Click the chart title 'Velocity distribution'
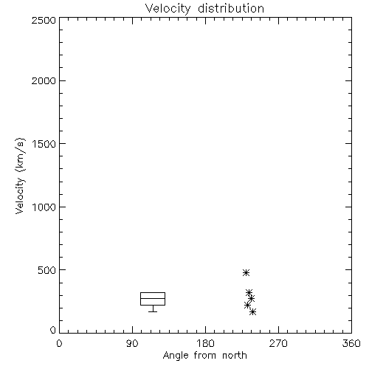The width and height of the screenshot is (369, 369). click(x=204, y=9)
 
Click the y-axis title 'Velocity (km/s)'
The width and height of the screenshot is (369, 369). click(x=20, y=176)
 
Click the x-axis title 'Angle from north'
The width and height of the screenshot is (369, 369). click(x=204, y=356)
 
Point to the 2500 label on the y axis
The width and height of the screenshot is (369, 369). click(x=44, y=20)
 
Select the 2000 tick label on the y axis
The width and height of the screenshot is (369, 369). click(x=44, y=80)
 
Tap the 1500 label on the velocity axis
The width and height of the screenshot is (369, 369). click(x=44, y=144)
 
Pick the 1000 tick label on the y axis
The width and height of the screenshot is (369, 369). click(x=44, y=207)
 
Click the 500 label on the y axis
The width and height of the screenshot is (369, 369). click(x=47, y=270)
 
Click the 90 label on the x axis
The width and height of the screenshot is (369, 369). click(x=132, y=343)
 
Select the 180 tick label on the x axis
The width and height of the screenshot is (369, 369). click(x=205, y=343)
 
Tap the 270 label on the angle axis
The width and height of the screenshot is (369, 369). click(x=278, y=343)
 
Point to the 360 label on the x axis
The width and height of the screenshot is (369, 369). click(x=351, y=343)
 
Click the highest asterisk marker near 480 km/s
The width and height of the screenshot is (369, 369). click(x=246, y=272)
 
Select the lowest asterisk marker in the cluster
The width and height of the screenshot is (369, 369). click(x=252, y=312)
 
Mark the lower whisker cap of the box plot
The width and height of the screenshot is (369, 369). click(x=153, y=311)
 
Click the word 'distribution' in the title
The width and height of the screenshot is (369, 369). click(x=231, y=9)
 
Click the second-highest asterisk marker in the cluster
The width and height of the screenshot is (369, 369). click(x=249, y=293)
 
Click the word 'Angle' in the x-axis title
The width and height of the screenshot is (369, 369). click(x=176, y=356)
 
